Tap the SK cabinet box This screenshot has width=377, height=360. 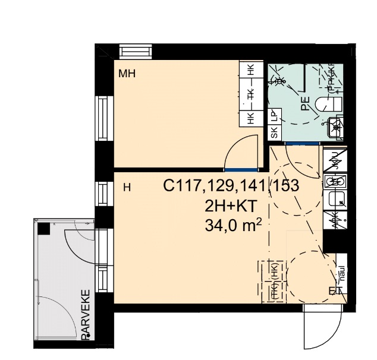coord(274,132)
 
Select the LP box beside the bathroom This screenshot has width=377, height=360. coord(274,116)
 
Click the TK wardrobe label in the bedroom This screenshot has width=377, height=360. coord(251,94)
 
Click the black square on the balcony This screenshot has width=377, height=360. coord(43,229)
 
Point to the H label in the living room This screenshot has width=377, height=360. coord(126,188)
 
